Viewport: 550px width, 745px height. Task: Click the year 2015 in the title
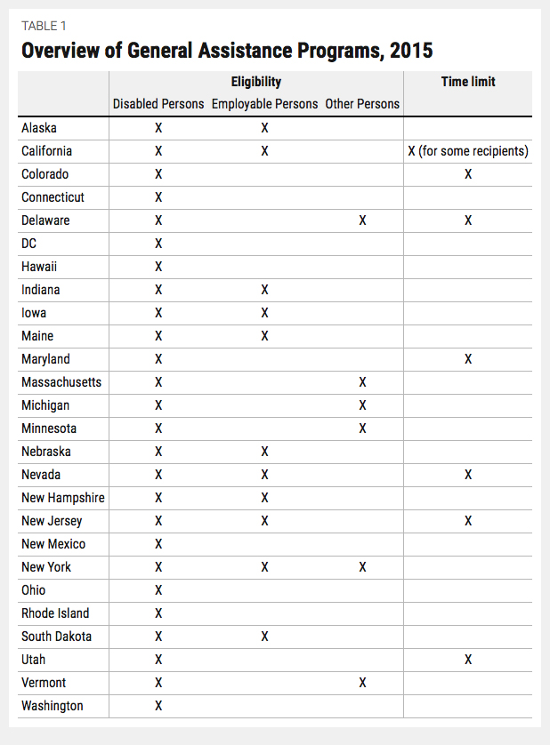409,51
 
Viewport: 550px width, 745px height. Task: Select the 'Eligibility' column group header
255,82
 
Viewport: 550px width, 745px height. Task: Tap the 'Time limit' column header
468,82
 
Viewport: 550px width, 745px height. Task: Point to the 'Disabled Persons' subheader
158,104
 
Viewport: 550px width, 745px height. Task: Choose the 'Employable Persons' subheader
264,104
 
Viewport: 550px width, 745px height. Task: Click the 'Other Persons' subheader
362,104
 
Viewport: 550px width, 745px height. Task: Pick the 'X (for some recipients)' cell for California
468,151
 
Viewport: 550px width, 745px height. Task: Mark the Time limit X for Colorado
468,174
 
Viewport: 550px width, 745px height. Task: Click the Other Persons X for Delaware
362,220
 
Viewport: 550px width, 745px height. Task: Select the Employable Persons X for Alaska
264,128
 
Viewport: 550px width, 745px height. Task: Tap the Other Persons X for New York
362,567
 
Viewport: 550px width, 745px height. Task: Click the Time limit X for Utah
468,660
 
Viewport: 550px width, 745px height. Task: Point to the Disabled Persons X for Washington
158,706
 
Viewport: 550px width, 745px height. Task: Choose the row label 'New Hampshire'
62,498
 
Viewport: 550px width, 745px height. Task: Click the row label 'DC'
30,244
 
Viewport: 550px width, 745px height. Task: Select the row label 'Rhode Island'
55,613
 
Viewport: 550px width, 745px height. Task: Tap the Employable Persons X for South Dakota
264,637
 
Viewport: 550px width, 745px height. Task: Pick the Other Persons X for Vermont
362,683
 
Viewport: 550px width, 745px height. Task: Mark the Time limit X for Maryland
468,359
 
